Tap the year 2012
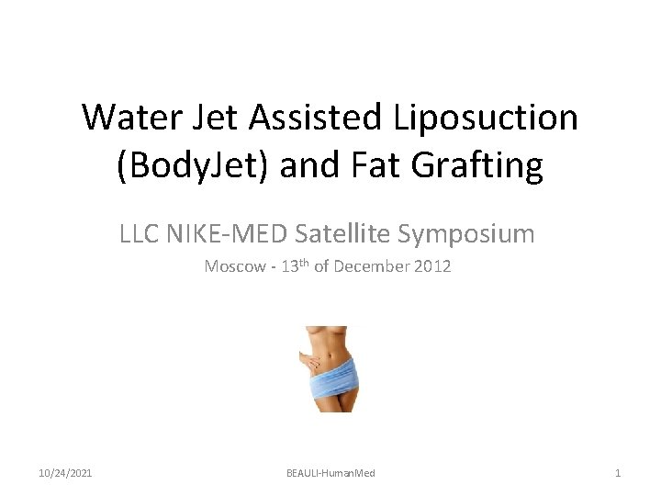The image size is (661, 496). [432, 267]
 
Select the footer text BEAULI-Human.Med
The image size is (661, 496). [330, 473]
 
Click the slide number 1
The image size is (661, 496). [618, 473]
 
